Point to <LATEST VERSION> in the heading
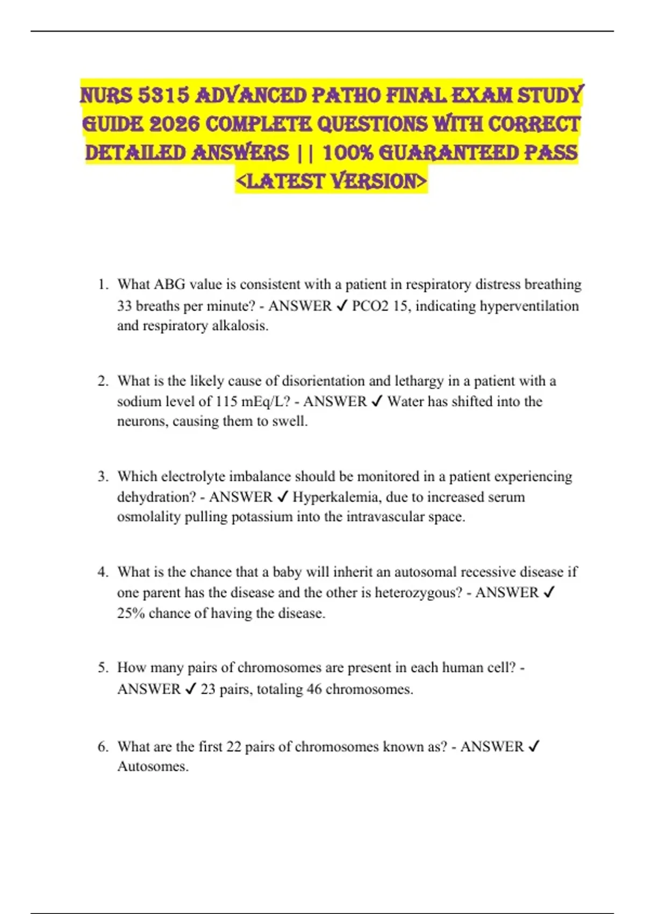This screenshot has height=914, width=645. pyautogui.click(x=331, y=181)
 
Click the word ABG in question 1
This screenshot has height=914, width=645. pyautogui.click(x=169, y=284)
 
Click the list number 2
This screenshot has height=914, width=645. pyautogui.click(x=103, y=381)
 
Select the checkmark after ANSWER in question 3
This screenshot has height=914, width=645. pyautogui.click(x=283, y=497)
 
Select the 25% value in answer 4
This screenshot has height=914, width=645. pyautogui.click(x=131, y=613)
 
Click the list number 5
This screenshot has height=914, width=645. pyautogui.click(x=103, y=668)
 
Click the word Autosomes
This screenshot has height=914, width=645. pyautogui.click(x=153, y=767)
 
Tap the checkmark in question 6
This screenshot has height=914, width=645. pyautogui.click(x=534, y=747)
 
